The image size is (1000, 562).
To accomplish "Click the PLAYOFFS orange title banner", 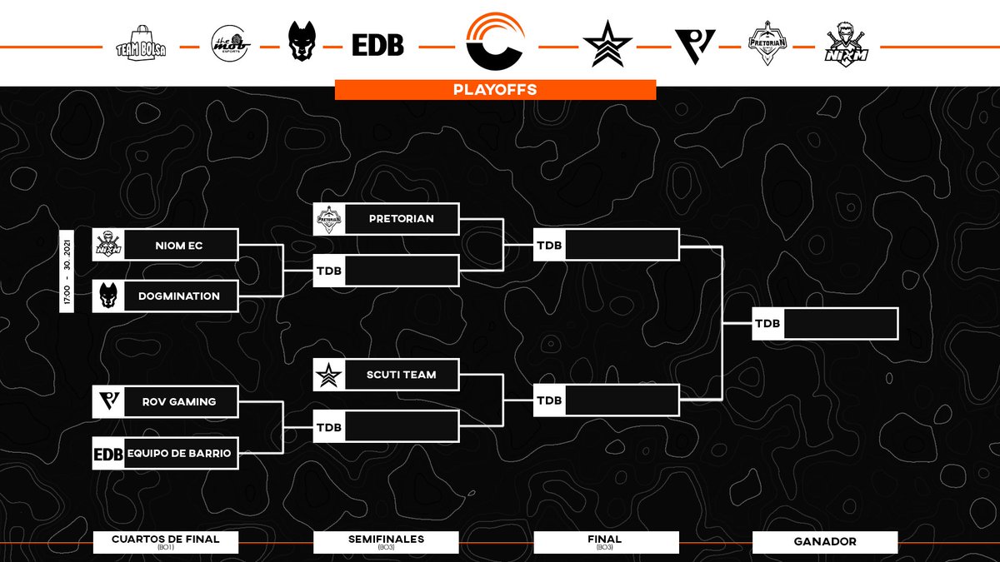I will pyautogui.click(x=495, y=89).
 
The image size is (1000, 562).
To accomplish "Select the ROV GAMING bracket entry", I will pyautogui.click(x=181, y=401).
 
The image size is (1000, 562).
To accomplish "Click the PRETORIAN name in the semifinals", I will pyautogui.click(x=401, y=219).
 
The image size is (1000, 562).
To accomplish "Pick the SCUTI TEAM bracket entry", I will pyautogui.click(x=401, y=375).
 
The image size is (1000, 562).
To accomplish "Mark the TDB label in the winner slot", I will pyautogui.click(x=767, y=324).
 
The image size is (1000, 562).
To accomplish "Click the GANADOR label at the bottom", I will pyautogui.click(x=824, y=542).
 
